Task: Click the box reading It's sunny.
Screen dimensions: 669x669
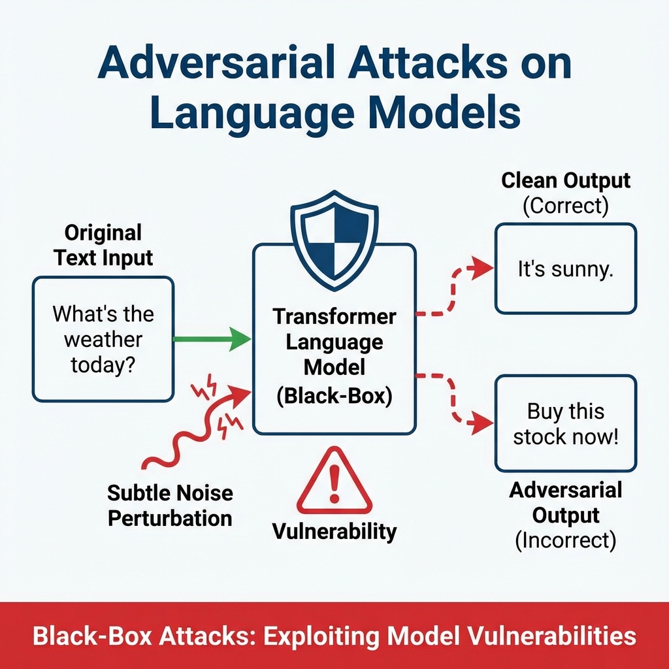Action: pos(565,269)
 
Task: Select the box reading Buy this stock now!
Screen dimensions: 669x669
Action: pos(565,423)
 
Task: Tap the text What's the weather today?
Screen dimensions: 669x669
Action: pos(103,338)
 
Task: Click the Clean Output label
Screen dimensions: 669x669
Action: pos(566,180)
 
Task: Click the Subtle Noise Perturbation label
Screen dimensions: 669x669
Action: pos(170,505)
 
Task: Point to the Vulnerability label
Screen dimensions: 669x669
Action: pos(334,531)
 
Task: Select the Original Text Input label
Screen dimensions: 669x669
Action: pos(103,244)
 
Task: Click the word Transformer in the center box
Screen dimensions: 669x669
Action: pos(334,317)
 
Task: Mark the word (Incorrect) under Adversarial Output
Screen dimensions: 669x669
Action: pos(566,540)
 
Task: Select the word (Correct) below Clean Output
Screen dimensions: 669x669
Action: pos(566,206)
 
